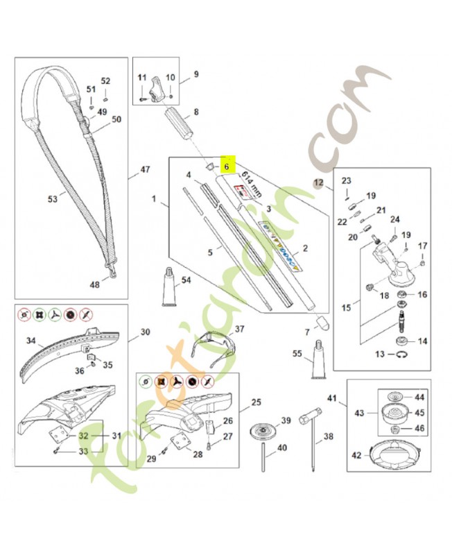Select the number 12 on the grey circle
318,184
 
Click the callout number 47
144,169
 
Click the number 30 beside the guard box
145,332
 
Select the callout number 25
256,402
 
